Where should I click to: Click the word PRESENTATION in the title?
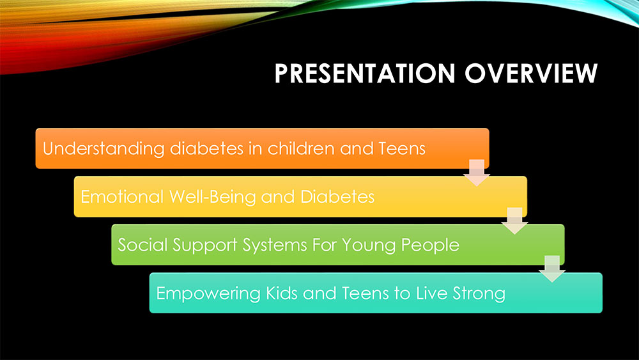(365, 74)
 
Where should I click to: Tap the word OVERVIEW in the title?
(531, 74)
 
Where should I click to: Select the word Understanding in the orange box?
(104, 149)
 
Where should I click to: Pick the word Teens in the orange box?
(402, 148)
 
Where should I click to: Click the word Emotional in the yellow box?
(122, 196)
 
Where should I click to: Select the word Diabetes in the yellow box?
(337, 196)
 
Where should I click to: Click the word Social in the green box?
(142, 245)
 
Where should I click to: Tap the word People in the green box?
(430, 246)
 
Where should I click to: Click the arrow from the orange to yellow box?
(477, 173)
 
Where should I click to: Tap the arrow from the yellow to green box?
(514, 221)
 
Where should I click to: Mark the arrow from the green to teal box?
(552, 269)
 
